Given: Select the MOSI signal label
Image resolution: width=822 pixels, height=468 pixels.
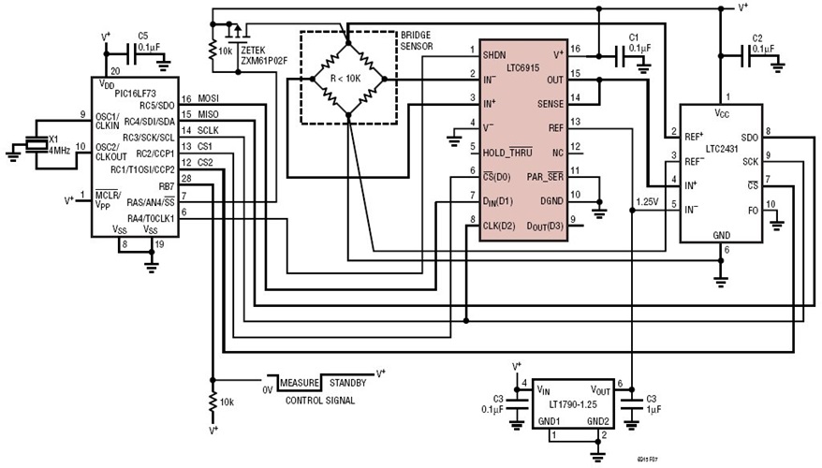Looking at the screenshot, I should pyautogui.click(x=209, y=98).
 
